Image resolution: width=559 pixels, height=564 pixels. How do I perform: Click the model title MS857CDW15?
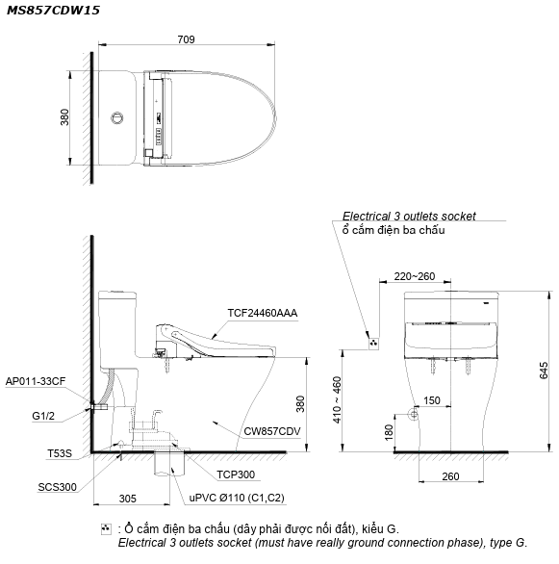[53, 10]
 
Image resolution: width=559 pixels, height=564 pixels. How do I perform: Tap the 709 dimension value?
[187, 39]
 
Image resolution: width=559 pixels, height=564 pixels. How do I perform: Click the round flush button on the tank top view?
[116, 117]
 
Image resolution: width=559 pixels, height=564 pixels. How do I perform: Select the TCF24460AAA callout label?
[263, 313]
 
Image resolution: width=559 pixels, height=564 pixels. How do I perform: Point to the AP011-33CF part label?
[36, 381]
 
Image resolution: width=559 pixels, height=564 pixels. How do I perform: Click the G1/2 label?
[43, 416]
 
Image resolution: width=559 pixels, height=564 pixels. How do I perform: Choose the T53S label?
[60, 453]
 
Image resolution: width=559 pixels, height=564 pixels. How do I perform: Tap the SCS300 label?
[57, 487]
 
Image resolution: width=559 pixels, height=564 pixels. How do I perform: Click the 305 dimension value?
[128, 499]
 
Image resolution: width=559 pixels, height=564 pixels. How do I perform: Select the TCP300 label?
[236, 474]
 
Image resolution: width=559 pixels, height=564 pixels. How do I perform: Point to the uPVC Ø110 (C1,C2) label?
[237, 498]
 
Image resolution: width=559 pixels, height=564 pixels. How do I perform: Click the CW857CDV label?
[272, 431]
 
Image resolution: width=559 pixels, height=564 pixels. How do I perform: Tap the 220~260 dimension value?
[415, 276]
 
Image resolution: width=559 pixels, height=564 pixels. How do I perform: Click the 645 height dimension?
[544, 371]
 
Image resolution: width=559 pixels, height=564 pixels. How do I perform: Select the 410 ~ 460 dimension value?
[337, 399]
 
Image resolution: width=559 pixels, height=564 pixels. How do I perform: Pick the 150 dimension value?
[432, 400]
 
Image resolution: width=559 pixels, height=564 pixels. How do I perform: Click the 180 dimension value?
[389, 432]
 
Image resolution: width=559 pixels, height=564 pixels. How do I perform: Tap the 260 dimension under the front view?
[450, 476]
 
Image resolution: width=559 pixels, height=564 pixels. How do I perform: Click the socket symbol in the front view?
[374, 344]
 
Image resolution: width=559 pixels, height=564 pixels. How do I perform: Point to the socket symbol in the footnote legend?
[106, 529]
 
